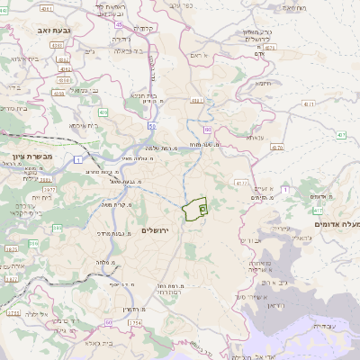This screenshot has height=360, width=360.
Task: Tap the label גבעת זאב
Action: coord(55,30)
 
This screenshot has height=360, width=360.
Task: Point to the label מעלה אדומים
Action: coord(337,222)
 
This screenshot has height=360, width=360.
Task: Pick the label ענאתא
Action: coord(255,138)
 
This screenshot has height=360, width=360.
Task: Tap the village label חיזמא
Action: coord(264,83)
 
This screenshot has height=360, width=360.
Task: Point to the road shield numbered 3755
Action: coord(13,312)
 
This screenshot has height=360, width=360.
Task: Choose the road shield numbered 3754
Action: coord(134,321)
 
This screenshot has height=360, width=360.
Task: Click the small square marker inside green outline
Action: coord(202,208)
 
